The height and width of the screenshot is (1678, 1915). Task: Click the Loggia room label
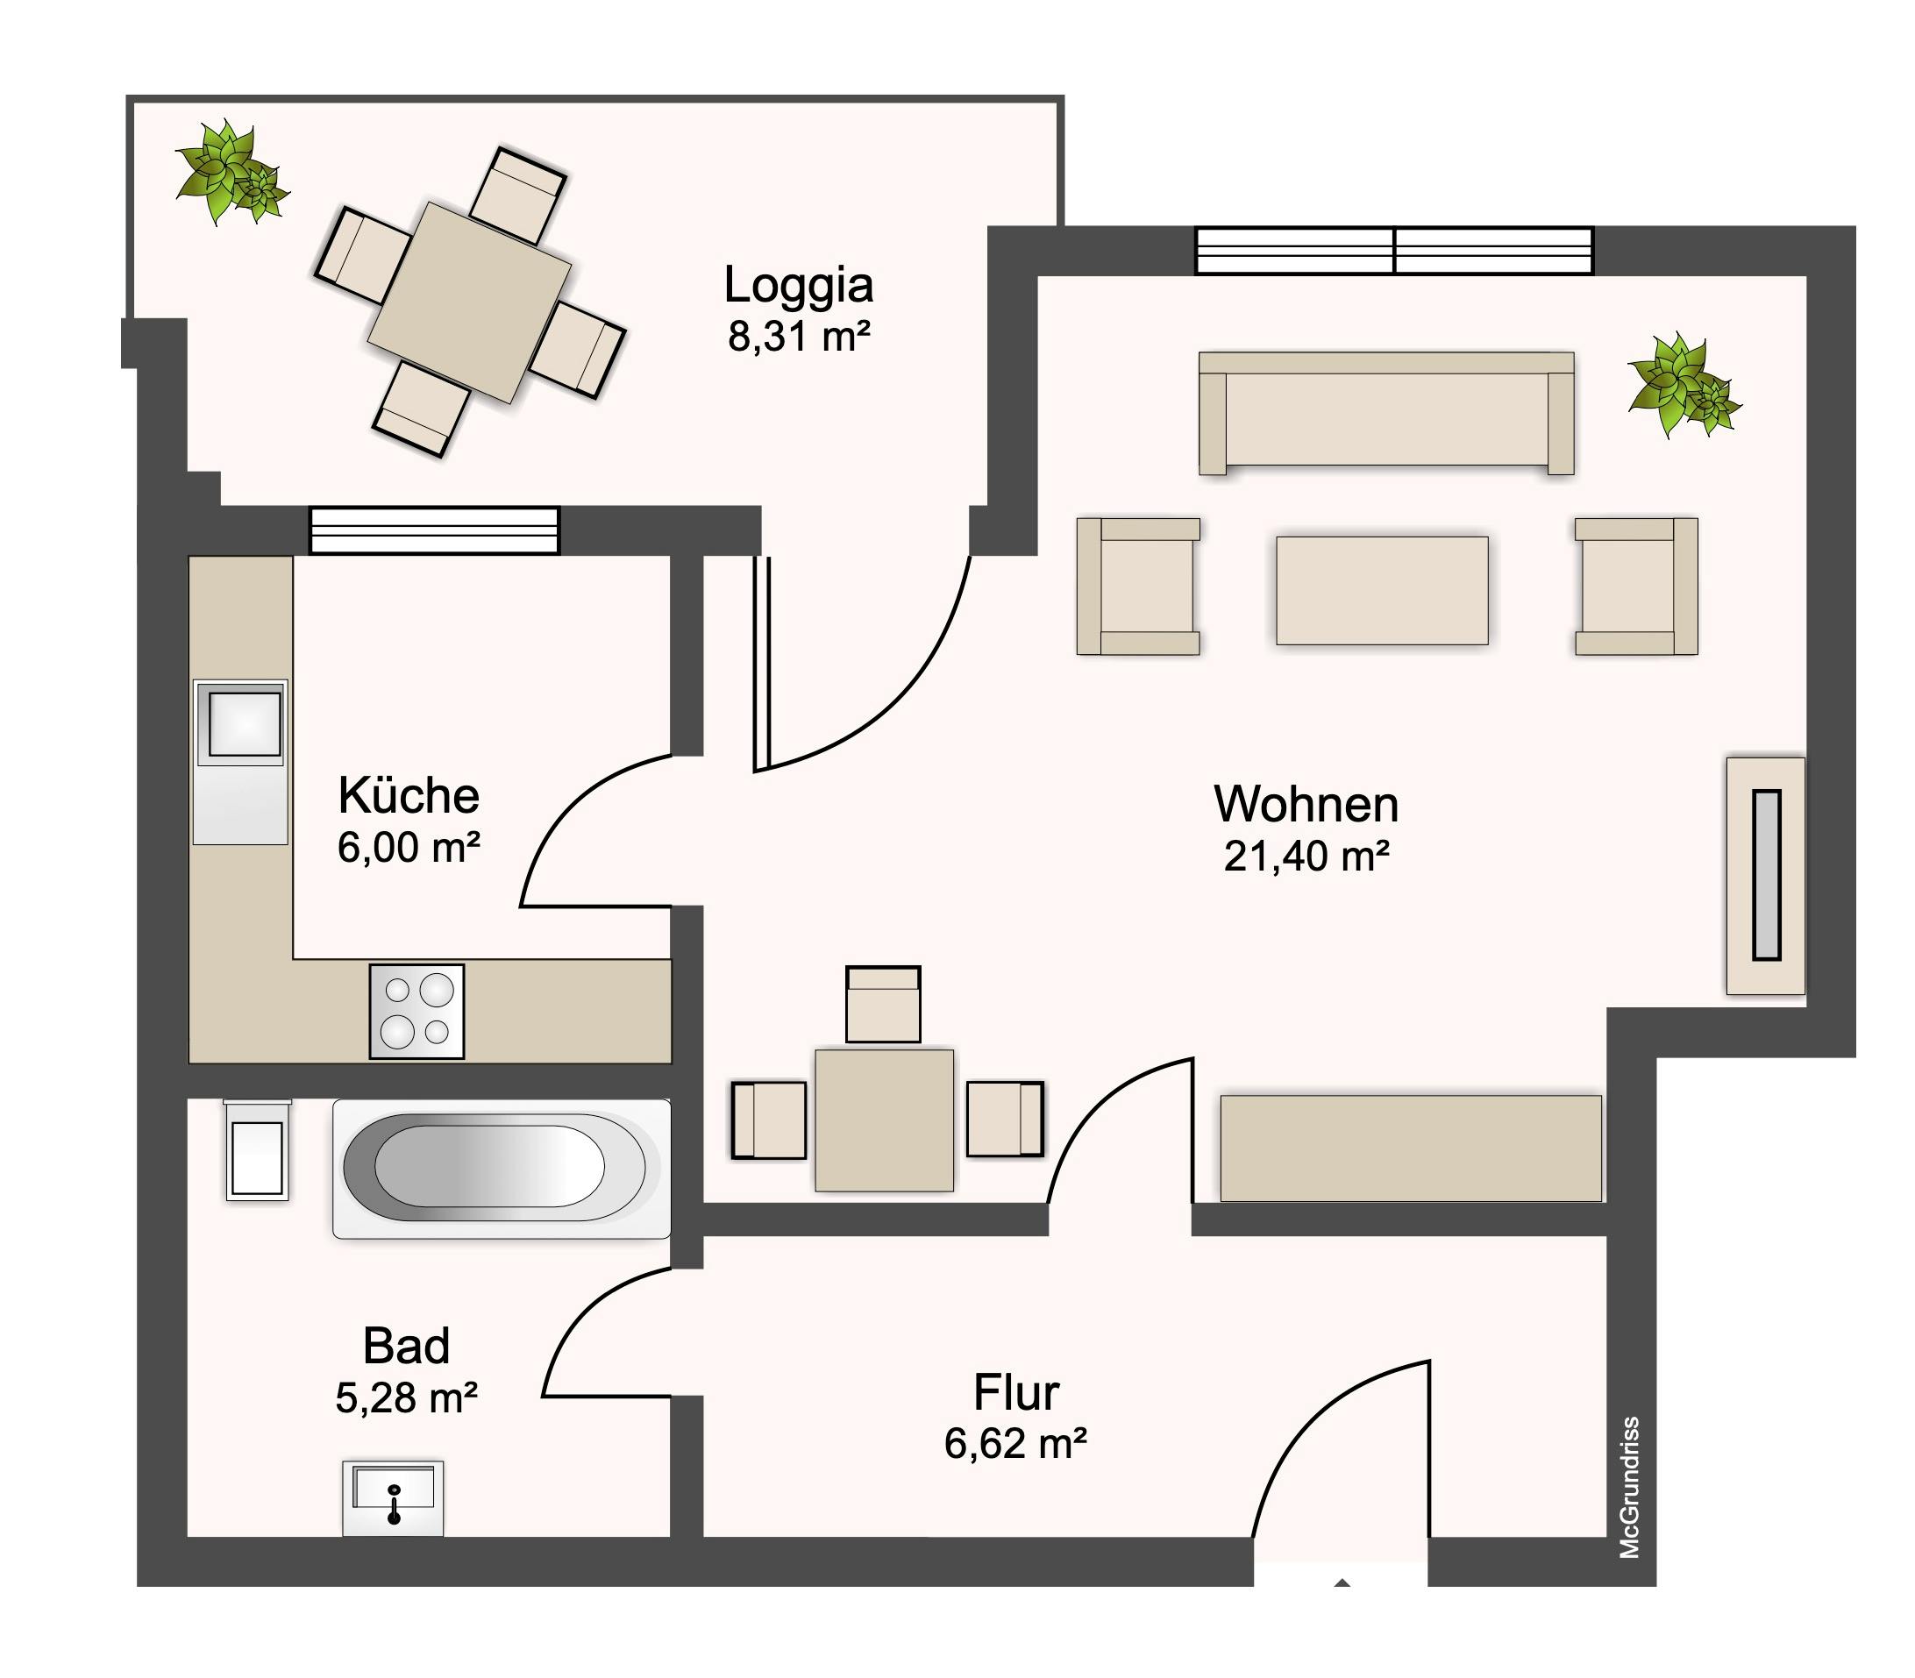coord(798,285)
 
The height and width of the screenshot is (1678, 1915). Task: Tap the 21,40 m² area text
coord(1306,856)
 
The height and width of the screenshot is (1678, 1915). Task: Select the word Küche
coord(409,796)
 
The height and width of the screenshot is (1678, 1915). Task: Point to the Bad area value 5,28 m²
coord(406,1398)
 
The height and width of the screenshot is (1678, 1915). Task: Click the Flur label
coord(1016,1392)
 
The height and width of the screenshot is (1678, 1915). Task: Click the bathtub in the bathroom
coord(502,1169)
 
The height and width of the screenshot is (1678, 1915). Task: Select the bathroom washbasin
coord(394,1498)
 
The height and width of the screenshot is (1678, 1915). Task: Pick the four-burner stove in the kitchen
coord(416,1012)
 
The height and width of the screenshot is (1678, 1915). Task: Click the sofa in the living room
coord(1386,413)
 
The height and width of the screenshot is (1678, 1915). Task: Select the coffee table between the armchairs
coord(1382,590)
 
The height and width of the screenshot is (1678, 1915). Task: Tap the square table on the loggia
coord(469,302)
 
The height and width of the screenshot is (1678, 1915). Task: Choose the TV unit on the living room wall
coord(1766,876)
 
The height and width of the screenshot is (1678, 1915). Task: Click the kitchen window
coord(435,531)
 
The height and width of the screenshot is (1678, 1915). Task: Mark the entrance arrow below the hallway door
coord(1342,1582)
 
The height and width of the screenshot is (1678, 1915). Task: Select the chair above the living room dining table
coord(883,1004)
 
